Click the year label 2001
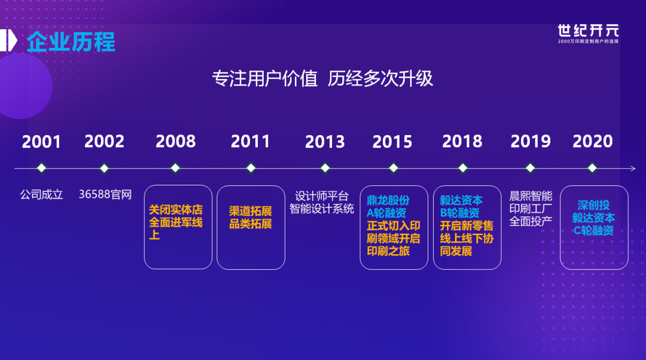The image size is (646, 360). [x=41, y=142]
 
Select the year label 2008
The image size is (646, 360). [x=175, y=141]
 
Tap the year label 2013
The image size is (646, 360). [x=325, y=142]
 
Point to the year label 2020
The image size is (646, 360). [x=592, y=141]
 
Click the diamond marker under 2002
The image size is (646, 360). [x=104, y=168]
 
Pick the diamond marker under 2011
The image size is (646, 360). [x=251, y=168]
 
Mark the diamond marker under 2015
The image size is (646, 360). [x=394, y=168]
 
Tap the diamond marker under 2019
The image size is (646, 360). [x=530, y=168]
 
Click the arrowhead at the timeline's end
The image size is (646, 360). [x=633, y=168]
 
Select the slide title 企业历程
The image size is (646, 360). [x=71, y=42]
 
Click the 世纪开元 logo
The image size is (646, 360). [x=589, y=33]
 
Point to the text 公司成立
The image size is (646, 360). [x=42, y=194]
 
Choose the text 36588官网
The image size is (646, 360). [x=105, y=194]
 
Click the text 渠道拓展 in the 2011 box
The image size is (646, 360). [x=251, y=211]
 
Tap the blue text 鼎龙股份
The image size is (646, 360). [x=388, y=200]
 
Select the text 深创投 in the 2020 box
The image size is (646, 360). [x=593, y=205]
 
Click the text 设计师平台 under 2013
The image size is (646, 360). [x=322, y=196]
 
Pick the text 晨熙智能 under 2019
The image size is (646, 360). [x=531, y=196]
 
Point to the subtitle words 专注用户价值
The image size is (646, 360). [x=265, y=78]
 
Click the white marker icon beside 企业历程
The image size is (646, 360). [x=8, y=41]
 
